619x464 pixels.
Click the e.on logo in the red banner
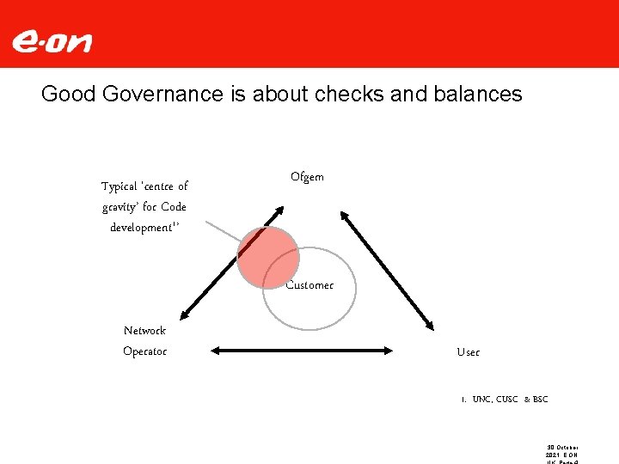point(52,41)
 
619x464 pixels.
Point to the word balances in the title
point(479,94)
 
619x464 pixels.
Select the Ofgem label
point(307,177)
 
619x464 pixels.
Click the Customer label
point(309,285)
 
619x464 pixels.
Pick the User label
point(469,352)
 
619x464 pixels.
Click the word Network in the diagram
point(144,330)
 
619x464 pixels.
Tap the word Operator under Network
point(144,351)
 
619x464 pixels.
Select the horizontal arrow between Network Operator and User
point(301,351)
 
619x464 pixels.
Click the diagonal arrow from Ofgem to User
point(387,273)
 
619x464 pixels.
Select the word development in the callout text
point(140,228)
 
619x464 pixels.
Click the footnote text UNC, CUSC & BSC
point(509,400)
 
